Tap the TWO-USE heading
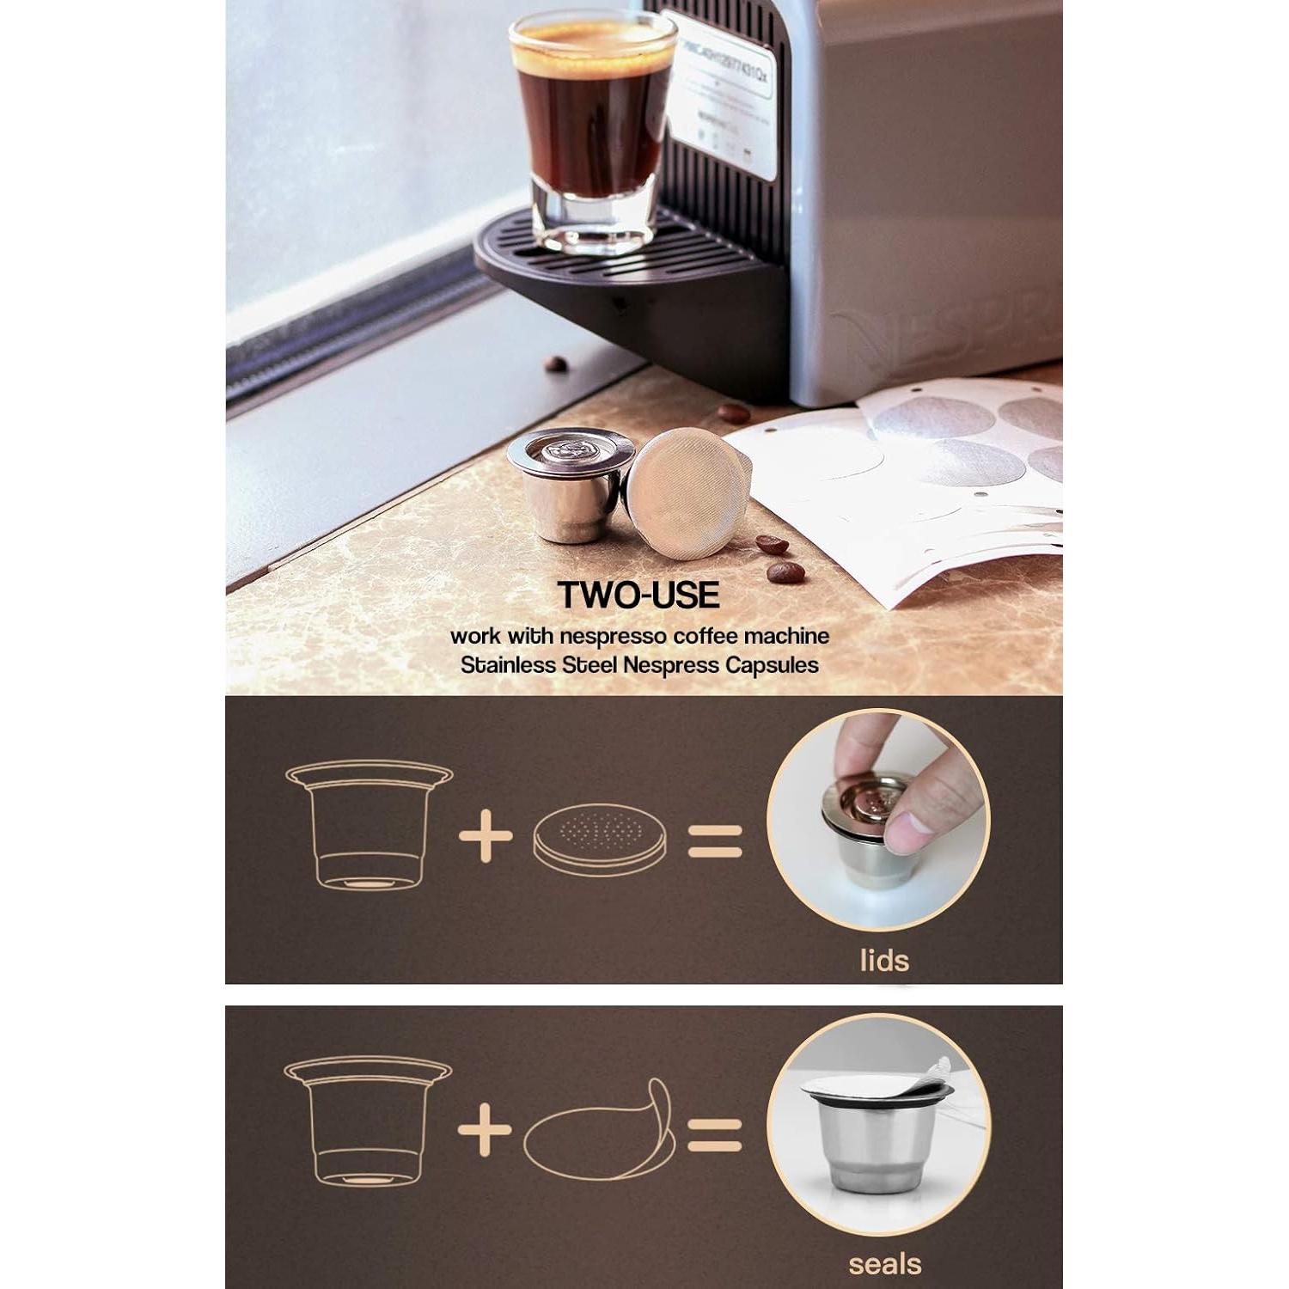click(x=638, y=595)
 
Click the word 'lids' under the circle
click(x=884, y=960)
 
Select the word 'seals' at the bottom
click(x=884, y=1264)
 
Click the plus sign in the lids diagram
click(x=486, y=834)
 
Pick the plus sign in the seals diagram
click(x=486, y=1129)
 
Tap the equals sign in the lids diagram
click(x=715, y=840)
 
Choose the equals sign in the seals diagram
click(x=715, y=1134)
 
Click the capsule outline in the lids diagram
click(x=369, y=825)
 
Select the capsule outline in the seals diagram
click(x=368, y=1121)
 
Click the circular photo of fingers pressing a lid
click(x=878, y=820)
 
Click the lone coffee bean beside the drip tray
click(x=556, y=363)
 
